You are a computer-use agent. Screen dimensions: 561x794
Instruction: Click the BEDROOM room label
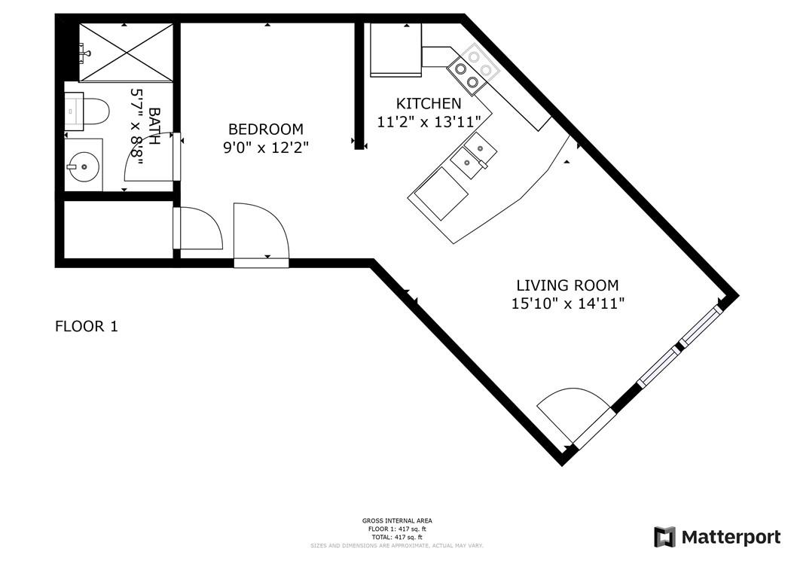[x=265, y=129]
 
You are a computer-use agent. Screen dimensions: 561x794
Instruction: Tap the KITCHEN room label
[x=429, y=103]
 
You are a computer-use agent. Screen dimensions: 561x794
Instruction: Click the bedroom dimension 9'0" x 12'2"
[x=265, y=148]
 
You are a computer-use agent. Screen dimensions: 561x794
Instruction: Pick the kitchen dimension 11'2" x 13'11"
[x=429, y=121]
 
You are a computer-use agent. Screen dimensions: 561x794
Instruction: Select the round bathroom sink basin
[x=84, y=164]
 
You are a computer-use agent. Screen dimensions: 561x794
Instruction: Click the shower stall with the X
[x=126, y=51]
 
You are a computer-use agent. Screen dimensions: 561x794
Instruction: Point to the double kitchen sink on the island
[x=472, y=155]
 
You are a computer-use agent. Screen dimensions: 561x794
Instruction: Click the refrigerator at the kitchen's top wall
[x=395, y=50]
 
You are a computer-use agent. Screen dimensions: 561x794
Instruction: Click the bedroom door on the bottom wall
[x=261, y=232]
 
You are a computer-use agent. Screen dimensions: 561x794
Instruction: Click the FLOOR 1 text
[x=87, y=327]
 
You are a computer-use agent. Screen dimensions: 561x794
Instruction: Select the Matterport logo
[x=716, y=537]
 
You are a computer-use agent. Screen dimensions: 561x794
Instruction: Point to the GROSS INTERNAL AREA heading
[x=397, y=521]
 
